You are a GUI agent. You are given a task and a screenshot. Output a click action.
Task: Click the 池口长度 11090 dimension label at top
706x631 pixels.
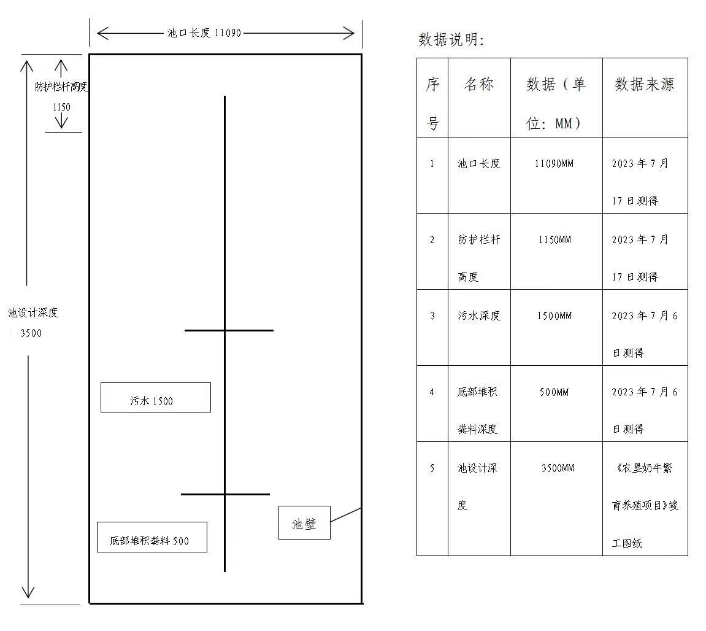click(x=204, y=33)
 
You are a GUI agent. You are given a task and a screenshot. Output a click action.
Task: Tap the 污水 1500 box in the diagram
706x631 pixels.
click(x=156, y=398)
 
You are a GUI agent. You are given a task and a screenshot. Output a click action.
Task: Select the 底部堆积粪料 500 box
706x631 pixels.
click(x=152, y=537)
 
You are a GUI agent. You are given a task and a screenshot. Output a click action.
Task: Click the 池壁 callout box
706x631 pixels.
click(x=304, y=523)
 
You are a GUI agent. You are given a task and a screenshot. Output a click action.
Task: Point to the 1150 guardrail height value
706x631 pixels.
click(x=62, y=107)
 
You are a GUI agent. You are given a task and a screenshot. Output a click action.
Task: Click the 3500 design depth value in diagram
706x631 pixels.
click(x=31, y=333)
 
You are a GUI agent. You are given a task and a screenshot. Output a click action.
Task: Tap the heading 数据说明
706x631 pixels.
click(x=451, y=40)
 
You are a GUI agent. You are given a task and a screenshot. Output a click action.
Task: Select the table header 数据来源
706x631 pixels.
click(x=645, y=84)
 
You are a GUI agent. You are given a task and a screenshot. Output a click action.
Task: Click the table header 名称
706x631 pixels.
click(x=479, y=84)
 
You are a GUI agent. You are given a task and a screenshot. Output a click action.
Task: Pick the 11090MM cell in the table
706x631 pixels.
click(x=554, y=164)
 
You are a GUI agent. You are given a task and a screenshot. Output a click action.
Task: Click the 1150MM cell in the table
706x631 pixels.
click(x=554, y=240)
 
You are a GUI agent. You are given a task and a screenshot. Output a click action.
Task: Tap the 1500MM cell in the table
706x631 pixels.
click(x=554, y=316)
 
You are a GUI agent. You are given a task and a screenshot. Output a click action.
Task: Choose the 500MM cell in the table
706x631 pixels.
click(x=554, y=392)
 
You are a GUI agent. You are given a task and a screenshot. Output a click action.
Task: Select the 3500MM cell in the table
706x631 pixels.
click(x=558, y=468)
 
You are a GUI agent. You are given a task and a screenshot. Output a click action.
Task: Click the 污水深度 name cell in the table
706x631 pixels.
click(x=479, y=315)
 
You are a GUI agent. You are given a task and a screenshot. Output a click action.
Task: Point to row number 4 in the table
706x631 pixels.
click(x=432, y=392)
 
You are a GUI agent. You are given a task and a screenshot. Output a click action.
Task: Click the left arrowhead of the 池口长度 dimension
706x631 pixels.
click(x=98, y=33)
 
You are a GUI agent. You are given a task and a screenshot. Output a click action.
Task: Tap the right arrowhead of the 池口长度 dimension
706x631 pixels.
click(x=354, y=33)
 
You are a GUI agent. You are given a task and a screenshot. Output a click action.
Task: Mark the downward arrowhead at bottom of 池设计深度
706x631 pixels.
click(x=28, y=597)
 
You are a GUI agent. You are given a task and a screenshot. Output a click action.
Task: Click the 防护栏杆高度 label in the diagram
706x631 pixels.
click(x=61, y=87)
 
